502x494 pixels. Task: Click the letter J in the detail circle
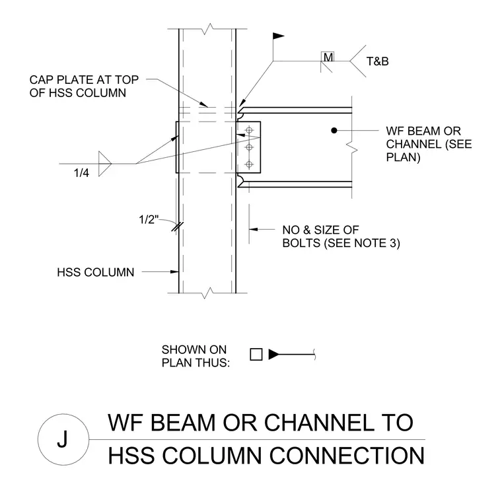click(63, 439)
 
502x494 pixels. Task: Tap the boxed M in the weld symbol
click(328, 57)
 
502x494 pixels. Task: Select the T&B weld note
click(377, 61)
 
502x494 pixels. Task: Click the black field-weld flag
click(279, 36)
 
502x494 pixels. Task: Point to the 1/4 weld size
click(81, 173)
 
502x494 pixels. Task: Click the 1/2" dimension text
click(149, 220)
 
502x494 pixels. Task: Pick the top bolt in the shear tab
click(249, 130)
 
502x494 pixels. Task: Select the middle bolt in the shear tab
click(249, 147)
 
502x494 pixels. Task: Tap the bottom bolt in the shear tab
click(249, 164)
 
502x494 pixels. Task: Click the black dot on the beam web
click(334, 130)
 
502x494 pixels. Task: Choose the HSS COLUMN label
click(95, 272)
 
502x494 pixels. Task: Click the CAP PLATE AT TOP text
click(84, 79)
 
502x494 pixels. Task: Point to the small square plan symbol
click(256, 355)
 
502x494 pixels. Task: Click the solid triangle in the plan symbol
click(273, 355)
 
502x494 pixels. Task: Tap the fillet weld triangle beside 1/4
click(104, 164)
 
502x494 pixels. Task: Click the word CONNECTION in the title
click(347, 455)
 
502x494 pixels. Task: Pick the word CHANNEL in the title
click(319, 422)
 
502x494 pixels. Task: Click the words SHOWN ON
click(194, 349)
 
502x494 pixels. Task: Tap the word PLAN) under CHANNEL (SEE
click(403, 157)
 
